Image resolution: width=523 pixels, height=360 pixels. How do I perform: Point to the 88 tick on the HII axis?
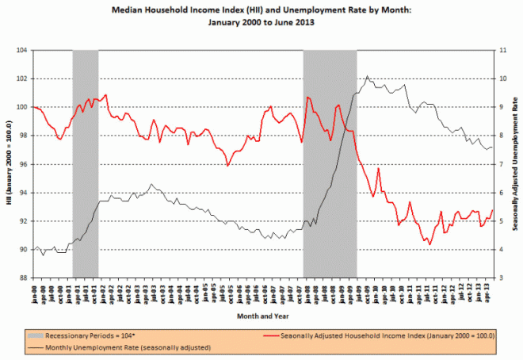23,278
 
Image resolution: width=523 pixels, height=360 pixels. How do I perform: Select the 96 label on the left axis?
23,164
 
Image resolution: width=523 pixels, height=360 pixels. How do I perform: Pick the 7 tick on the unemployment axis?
495,164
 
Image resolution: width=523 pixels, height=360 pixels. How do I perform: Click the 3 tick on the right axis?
495,278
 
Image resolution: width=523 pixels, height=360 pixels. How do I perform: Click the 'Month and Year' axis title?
261,316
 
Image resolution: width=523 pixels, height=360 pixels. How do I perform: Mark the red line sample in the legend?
269,334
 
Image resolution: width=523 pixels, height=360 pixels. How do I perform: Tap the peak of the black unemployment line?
366,76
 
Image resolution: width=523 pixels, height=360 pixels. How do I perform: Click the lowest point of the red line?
430,244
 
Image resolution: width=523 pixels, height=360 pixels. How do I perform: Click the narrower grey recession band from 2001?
85,159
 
